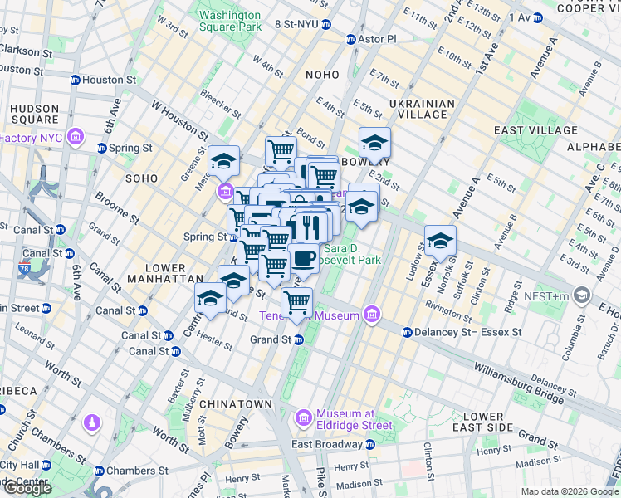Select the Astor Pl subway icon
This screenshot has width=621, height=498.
(x=352, y=39)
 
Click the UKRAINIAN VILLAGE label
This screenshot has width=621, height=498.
(x=423, y=110)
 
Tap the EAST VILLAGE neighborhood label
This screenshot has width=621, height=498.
(x=535, y=130)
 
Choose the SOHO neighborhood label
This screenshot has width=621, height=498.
(x=140, y=178)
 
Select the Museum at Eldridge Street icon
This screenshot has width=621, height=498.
(x=304, y=415)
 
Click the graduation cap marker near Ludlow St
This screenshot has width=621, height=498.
(x=440, y=242)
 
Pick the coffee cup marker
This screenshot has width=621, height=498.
(x=304, y=256)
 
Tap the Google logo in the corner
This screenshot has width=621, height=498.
(x=27, y=488)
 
